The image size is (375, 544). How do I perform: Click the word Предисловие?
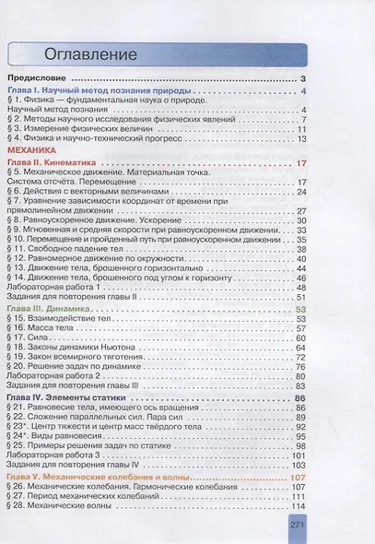click(40, 80)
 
